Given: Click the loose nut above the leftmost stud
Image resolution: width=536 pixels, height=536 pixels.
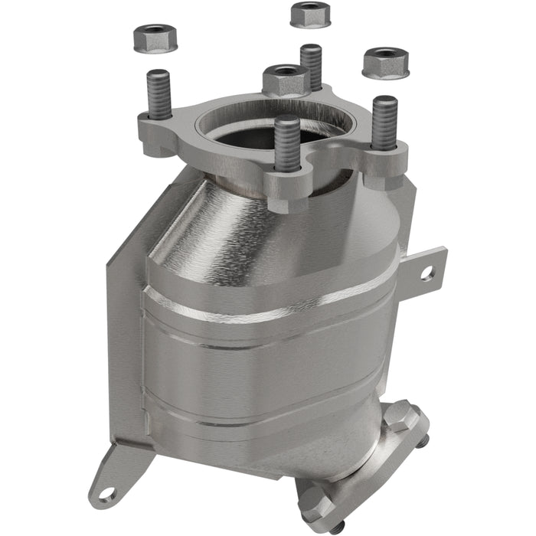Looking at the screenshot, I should [x=155, y=38].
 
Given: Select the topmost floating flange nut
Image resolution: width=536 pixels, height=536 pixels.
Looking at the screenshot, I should [x=309, y=14].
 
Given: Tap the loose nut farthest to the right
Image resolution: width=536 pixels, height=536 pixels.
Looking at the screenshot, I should [x=385, y=63].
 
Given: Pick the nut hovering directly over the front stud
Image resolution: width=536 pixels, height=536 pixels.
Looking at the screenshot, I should [x=284, y=79].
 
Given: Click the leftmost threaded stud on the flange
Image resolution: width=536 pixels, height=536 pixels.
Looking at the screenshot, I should [x=159, y=95].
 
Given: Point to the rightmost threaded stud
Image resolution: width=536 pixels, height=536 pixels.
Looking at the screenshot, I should [x=384, y=122].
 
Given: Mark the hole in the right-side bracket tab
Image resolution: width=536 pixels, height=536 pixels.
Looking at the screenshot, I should [x=426, y=271].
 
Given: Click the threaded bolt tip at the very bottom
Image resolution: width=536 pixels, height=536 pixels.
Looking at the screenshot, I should [x=334, y=528].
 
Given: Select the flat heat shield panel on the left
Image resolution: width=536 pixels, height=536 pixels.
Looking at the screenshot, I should [x=126, y=322].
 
